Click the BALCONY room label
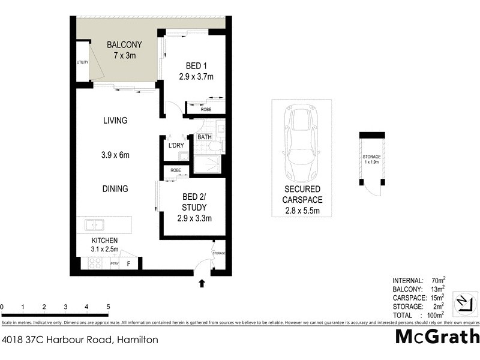(124, 44)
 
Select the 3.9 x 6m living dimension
(115, 155)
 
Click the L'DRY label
(176, 146)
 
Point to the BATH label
(205, 137)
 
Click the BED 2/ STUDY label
(195, 202)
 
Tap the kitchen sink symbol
(94, 225)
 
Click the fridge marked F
(128, 263)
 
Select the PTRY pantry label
(115, 263)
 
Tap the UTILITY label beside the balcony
(82, 62)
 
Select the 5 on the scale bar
(108, 307)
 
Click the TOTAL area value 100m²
(434, 314)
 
